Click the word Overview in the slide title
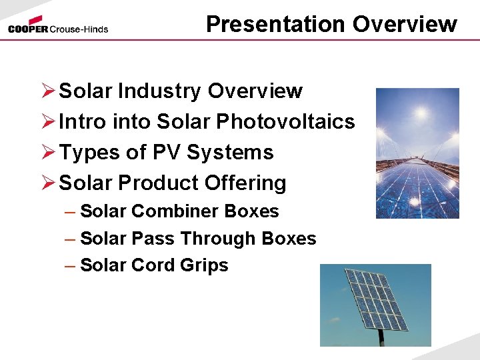(x=405, y=25)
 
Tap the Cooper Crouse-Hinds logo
(x=58, y=26)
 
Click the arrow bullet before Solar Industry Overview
(x=47, y=91)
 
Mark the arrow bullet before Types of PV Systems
(x=47, y=153)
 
